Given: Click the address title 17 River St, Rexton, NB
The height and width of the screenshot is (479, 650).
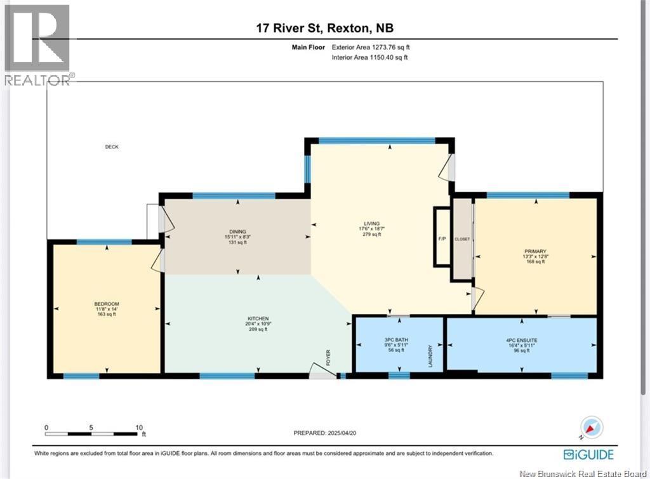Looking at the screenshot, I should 325,27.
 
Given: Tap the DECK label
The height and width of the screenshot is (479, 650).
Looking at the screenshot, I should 112,147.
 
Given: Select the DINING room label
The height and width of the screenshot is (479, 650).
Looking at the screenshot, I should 238,232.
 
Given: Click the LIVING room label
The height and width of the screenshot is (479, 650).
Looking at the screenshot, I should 372,223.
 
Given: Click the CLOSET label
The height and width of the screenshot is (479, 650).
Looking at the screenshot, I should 462,239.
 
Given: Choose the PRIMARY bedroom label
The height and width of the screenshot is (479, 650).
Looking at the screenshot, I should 535,251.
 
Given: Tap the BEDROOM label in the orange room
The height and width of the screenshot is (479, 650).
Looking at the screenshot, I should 107,304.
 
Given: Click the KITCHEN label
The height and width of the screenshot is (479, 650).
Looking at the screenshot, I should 258,318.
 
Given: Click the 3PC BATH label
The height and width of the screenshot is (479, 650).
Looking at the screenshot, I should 397,340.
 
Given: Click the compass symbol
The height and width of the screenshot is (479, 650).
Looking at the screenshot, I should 591,428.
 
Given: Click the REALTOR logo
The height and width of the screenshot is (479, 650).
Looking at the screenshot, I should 37,44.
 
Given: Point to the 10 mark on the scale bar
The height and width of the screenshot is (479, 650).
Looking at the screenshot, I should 138,427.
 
